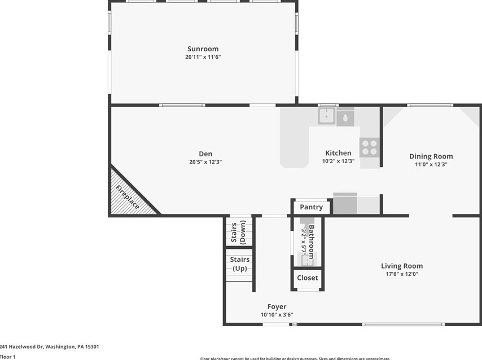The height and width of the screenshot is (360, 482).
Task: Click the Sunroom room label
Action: point(203,49)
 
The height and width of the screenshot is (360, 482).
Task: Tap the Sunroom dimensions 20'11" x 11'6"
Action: point(203,57)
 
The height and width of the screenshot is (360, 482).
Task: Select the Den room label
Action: point(205,153)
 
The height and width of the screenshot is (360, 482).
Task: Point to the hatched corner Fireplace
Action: point(129,195)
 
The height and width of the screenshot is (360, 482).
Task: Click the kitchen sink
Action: point(326,116)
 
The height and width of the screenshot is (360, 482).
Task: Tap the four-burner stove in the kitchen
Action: point(369,147)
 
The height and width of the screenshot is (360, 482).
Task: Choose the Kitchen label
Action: point(338,153)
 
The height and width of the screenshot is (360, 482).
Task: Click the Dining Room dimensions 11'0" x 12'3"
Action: point(431,165)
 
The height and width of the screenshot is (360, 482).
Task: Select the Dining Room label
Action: point(431,156)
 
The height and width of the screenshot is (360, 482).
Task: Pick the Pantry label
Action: point(311,207)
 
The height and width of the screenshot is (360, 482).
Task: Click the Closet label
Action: point(307,278)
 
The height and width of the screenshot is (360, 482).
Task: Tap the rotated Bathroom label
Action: point(311,242)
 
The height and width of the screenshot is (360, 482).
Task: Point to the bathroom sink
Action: point(307,261)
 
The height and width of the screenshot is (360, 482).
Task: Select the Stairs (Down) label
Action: point(239,232)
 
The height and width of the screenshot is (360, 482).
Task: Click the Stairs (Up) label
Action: point(239,264)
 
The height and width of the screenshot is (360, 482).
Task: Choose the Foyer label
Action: point(277,307)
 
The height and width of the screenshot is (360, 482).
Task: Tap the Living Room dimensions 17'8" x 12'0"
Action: point(401,274)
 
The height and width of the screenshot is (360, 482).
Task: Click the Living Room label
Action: point(401,266)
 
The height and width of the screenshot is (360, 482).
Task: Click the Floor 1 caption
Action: point(8,357)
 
